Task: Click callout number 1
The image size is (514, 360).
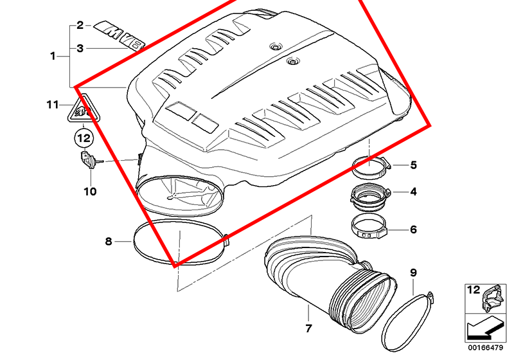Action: coord(53,56)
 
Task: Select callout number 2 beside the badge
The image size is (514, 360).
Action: coord(80,25)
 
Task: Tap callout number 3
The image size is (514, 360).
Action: coord(80,48)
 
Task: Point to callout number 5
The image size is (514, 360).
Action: coord(413,165)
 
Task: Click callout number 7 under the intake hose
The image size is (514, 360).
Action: coord(308,328)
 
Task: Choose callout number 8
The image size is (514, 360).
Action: coord(109,241)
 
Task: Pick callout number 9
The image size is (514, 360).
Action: coord(413,273)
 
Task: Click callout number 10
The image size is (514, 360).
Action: coord(90,192)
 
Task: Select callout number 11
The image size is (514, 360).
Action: coord(53,105)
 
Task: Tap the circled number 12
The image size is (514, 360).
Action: coord(84,138)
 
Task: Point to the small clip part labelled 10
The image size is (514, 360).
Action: coord(89,159)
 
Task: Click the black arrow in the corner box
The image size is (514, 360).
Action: coord(484,328)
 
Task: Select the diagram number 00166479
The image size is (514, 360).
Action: coord(485,348)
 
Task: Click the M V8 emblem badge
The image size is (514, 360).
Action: coord(119,36)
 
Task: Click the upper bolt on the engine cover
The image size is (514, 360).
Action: coord(275,47)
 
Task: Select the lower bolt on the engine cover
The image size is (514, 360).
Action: coord(292,61)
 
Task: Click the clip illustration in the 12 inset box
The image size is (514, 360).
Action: coord(493,298)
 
